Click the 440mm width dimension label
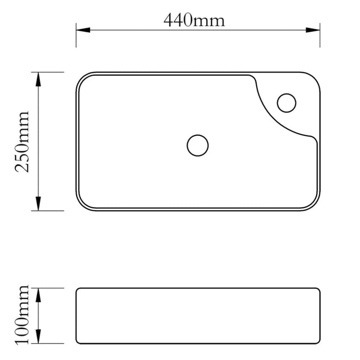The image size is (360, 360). [x=194, y=20]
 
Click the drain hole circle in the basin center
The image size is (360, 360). [x=197, y=146]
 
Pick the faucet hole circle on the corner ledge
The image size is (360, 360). [x=286, y=102]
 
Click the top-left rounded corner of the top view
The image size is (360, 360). [x=82, y=78]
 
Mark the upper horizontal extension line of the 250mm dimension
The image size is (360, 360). [x=51, y=72]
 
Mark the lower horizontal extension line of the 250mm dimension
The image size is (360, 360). [x=51, y=210]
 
